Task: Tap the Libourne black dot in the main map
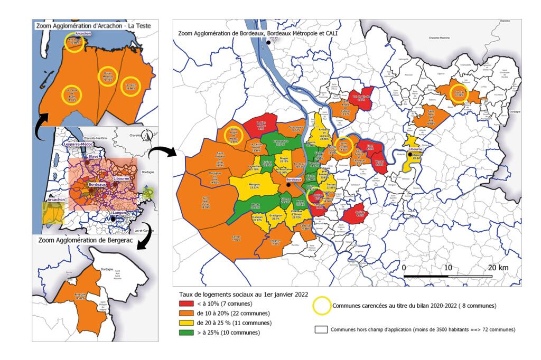pyautogui.click(x=410, y=155)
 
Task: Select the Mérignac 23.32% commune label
pyautogui.click(x=254, y=185)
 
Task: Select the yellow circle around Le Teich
pyautogui.click(x=130, y=87)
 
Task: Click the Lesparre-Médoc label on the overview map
pyautogui.click(x=79, y=143)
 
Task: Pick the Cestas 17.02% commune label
pyautogui.click(x=236, y=238)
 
